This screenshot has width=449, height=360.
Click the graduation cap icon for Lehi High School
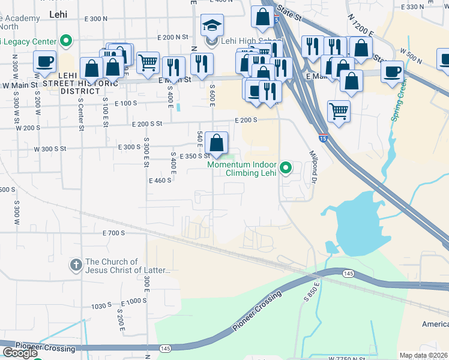pos(211,25)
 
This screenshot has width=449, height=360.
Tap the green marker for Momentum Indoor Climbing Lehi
pos(286,167)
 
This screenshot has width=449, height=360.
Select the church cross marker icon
pos(76,265)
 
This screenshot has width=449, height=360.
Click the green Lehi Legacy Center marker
pos(67,41)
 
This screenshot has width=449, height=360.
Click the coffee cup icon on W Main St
pos(45,62)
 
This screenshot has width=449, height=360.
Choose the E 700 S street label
pos(113,233)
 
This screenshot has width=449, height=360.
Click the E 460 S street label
pos(160,180)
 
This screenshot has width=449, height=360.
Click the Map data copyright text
pos(423,355)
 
